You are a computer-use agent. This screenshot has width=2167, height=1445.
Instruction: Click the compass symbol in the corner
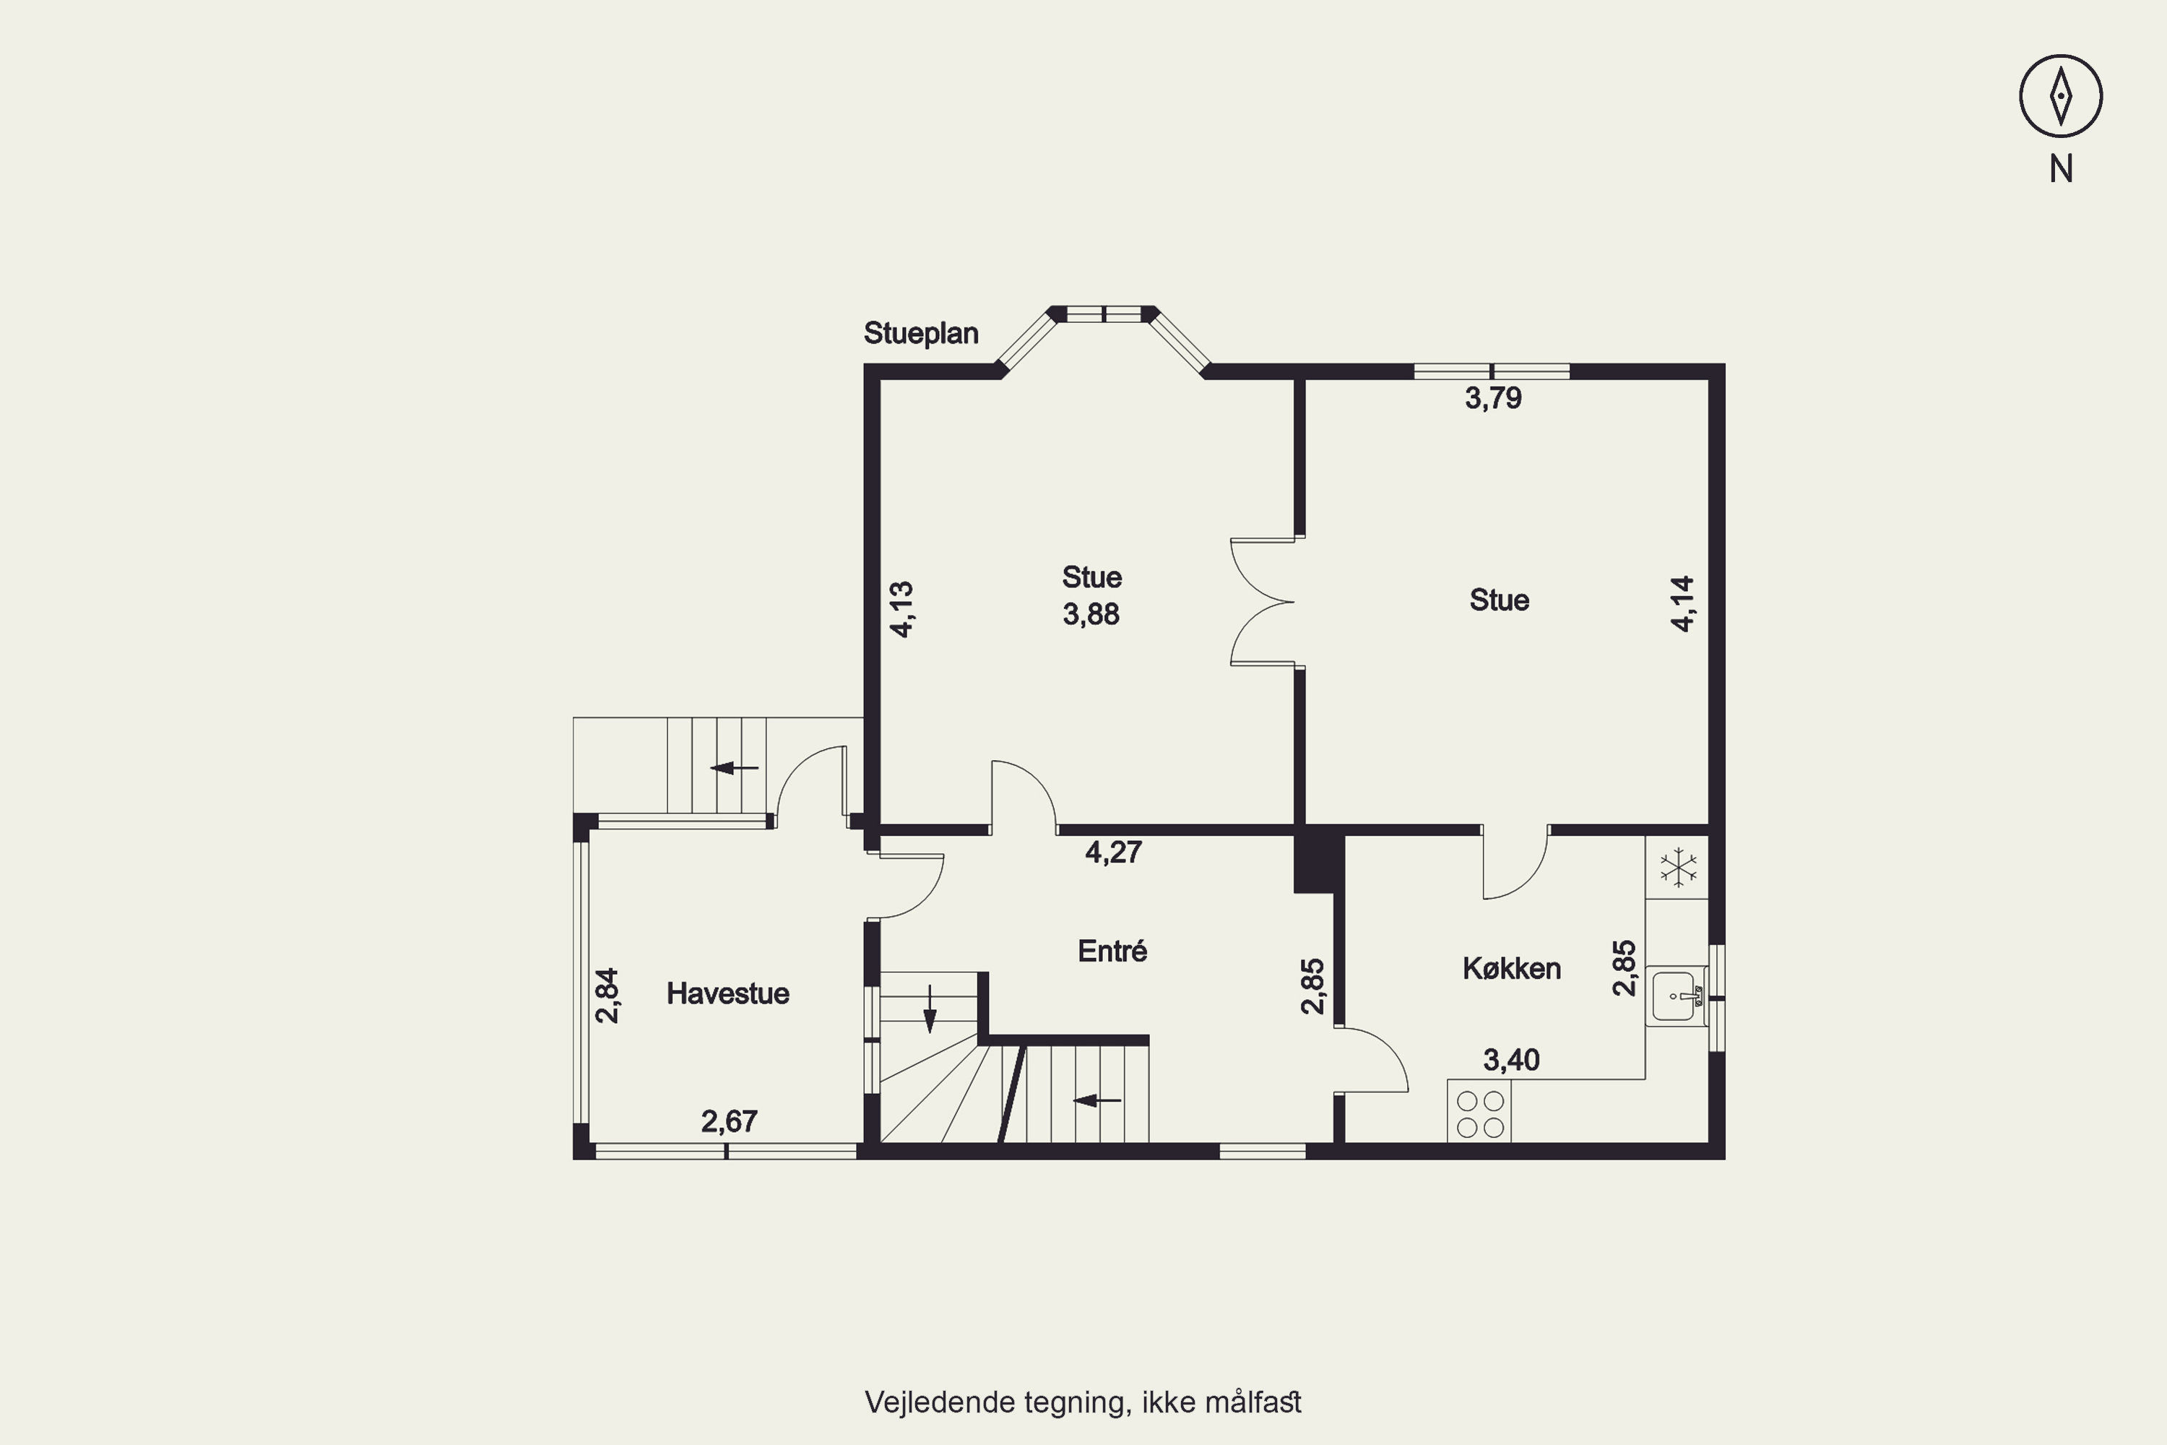(x=2061, y=96)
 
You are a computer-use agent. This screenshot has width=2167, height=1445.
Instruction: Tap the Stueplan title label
(x=920, y=332)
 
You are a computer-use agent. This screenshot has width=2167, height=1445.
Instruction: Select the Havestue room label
(x=728, y=993)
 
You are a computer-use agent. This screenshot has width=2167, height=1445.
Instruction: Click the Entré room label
(x=1112, y=950)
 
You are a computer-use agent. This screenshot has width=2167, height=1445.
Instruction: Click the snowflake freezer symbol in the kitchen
(x=1679, y=867)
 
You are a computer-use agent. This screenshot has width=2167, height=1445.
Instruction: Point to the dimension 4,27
(x=1114, y=852)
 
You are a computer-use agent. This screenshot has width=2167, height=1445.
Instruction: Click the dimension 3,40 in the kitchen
(x=1511, y=1060)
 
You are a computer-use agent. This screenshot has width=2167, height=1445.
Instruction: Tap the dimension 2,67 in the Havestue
(x=729, y=1121)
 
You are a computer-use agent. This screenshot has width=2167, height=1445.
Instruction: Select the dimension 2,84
(x=607, y=996)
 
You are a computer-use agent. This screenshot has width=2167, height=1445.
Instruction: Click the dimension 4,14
(x=1682, y=603)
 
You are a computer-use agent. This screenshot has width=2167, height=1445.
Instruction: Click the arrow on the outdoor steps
(x=735, y=767)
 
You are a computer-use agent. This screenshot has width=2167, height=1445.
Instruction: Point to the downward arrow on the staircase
(x=930, y=1009)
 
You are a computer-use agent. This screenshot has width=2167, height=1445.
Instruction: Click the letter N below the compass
(x=2061, y=168)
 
